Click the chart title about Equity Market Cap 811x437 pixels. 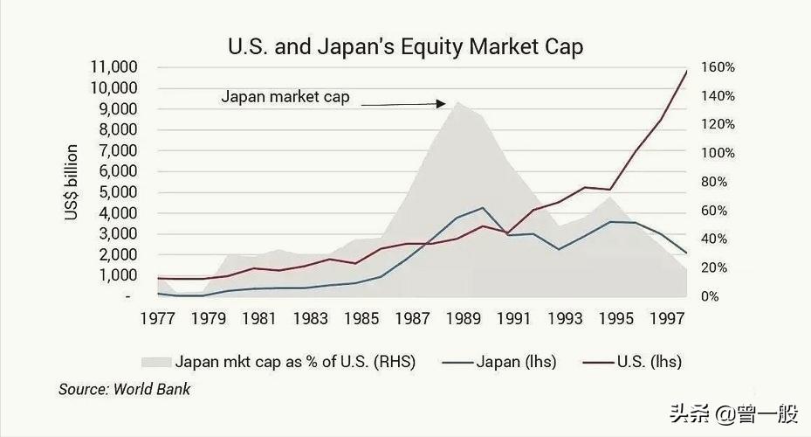pos(405,46)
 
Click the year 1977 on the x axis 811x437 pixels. pos(158,320)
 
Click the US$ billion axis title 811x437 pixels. pos(73,183)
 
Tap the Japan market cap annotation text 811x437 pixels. pos(285,97)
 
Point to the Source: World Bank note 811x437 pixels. pos(124,389)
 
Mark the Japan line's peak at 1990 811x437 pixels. pos(482,208)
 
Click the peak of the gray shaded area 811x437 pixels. pos(456,101)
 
